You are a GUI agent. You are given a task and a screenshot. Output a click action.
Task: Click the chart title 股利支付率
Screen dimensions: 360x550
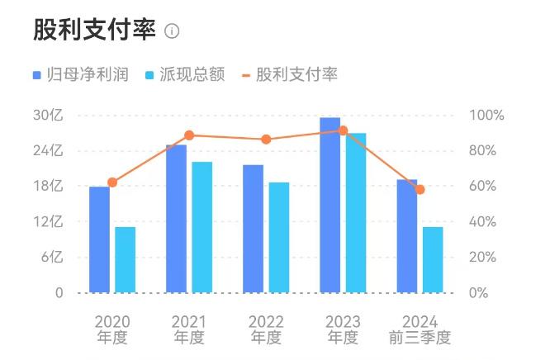(94, 30)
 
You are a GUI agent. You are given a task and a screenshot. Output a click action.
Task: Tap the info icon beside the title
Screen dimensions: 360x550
(172, 31)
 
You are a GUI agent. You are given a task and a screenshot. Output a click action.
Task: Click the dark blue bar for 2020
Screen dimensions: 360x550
(99, 239)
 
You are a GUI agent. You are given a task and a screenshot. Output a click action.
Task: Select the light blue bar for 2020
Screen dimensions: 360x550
(125, 259)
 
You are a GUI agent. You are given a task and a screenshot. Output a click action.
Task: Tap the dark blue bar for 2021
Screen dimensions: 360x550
(176, 219)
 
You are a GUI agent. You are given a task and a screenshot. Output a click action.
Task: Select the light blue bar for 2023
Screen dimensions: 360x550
(356, 212)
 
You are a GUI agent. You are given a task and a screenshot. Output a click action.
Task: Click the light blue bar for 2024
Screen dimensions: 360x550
(433, 259)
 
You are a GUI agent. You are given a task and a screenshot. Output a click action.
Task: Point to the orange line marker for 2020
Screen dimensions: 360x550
(112, 182)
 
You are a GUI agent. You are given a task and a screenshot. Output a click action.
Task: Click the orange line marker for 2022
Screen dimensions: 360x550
(266, 140)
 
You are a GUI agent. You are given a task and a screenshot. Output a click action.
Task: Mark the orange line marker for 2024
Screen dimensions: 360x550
(420, 189)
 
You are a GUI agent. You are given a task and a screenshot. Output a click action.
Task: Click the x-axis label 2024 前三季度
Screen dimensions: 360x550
(420, 329)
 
